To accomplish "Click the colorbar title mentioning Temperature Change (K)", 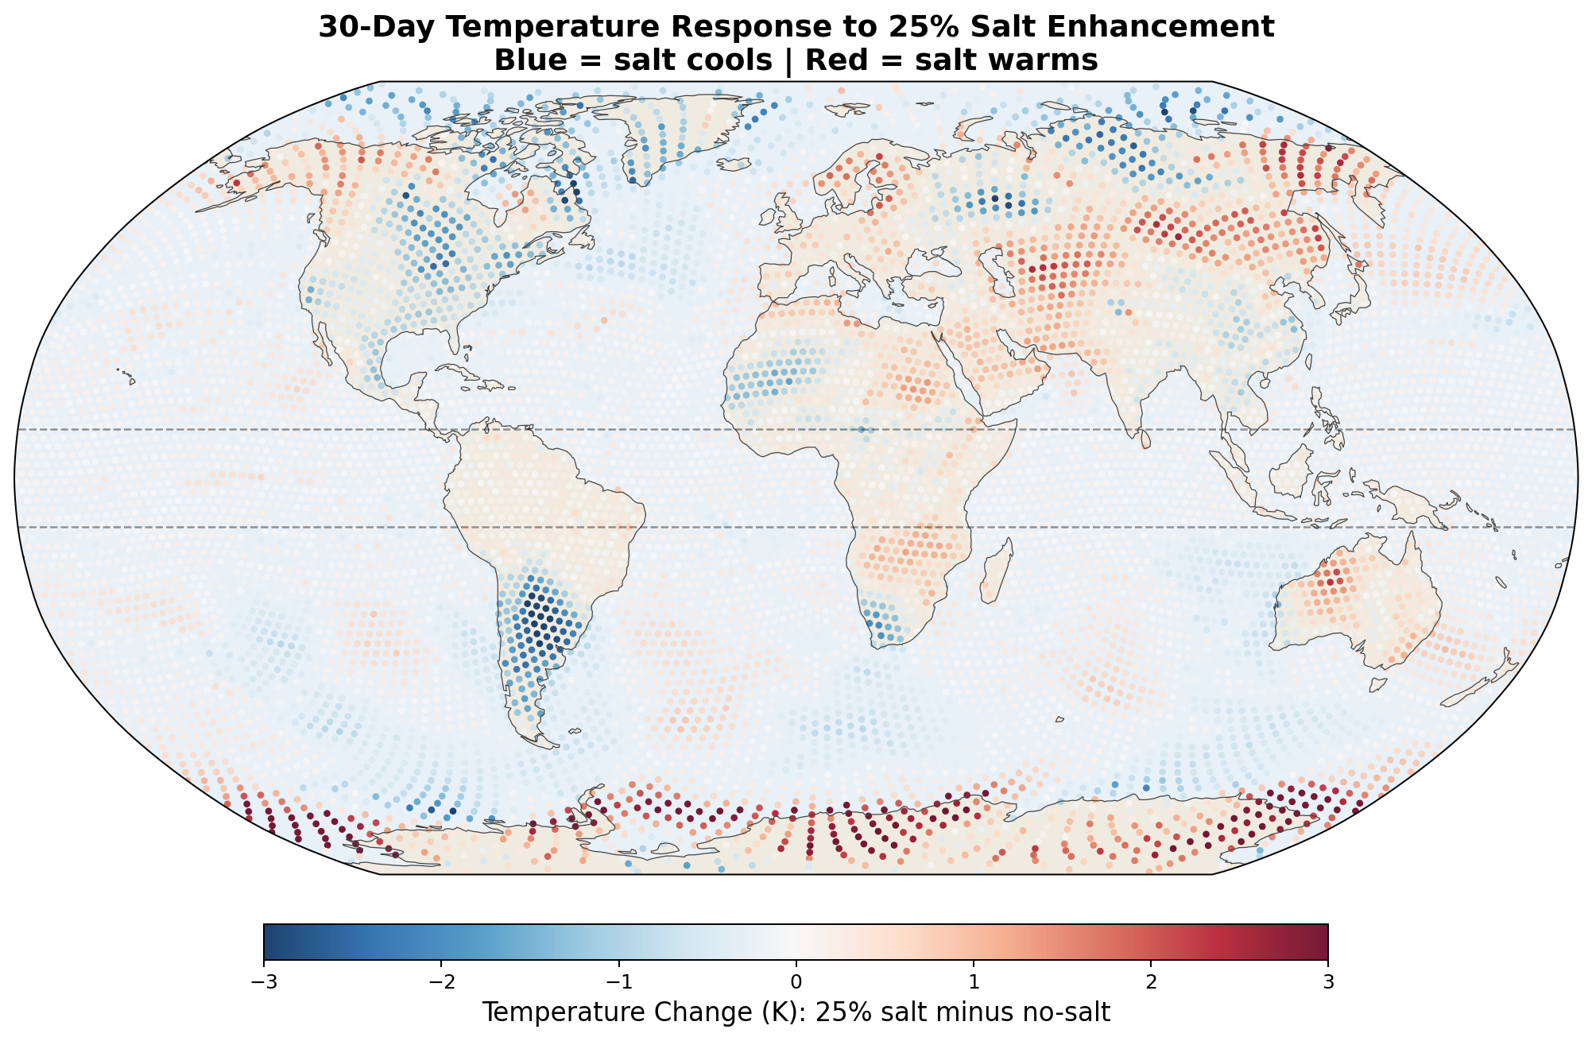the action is coord(796,1013).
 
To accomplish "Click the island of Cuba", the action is coord(468,377).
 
